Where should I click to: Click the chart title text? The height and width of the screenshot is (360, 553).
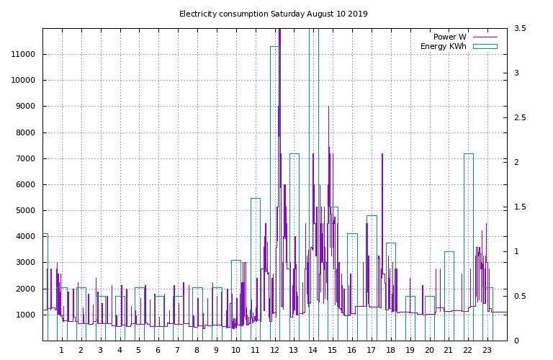[x=273, y=14]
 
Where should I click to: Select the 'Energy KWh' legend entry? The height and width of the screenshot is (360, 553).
[x=443, y=46]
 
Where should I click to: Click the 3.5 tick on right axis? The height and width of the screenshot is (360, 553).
[x=520, y=29]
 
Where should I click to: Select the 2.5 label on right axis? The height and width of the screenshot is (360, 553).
[x=520, y=118]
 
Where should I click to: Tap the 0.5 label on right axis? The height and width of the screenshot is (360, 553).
[x=520, y=297]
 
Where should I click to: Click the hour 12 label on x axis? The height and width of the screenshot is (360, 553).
[x=274, y=351]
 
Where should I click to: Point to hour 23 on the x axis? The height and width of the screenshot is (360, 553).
[x=487, y=351]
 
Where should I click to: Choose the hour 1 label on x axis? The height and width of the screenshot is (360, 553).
[x=61, y=351]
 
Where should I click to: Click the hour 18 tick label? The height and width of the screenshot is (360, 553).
[x=390, y=351]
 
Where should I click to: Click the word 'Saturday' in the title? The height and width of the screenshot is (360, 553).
[x=288, y=14]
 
